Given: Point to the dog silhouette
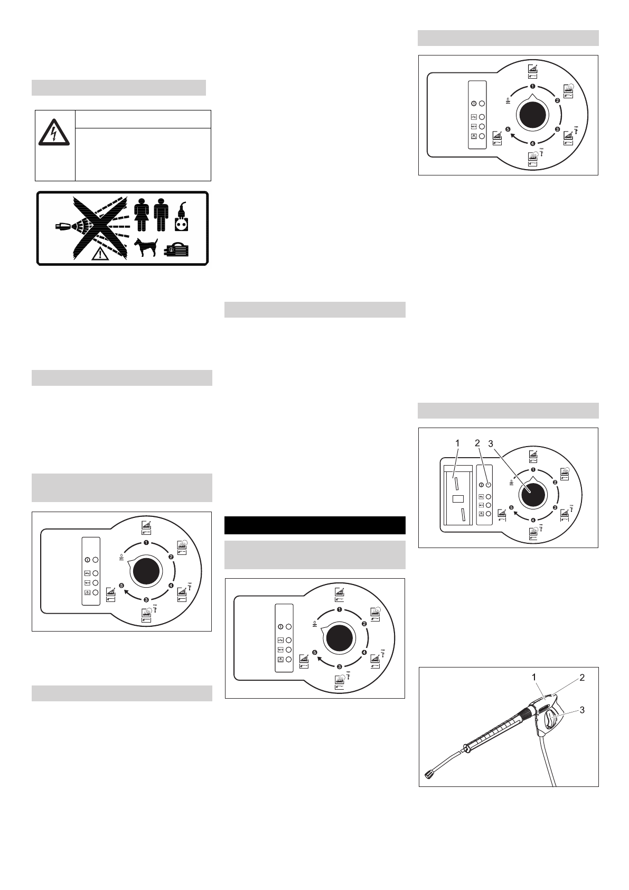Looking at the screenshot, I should pos(146,248).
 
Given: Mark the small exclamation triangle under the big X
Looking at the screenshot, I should pos(99,255).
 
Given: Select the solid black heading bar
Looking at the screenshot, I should pos(315,525).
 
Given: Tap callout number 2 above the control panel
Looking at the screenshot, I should pos(477,441).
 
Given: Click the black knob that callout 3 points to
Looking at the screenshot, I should pos(533,494).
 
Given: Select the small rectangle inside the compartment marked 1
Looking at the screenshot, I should pos(458,498).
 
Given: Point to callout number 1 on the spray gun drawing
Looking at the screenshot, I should pos(534,676).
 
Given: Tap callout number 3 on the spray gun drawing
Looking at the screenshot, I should pos(582,710).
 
